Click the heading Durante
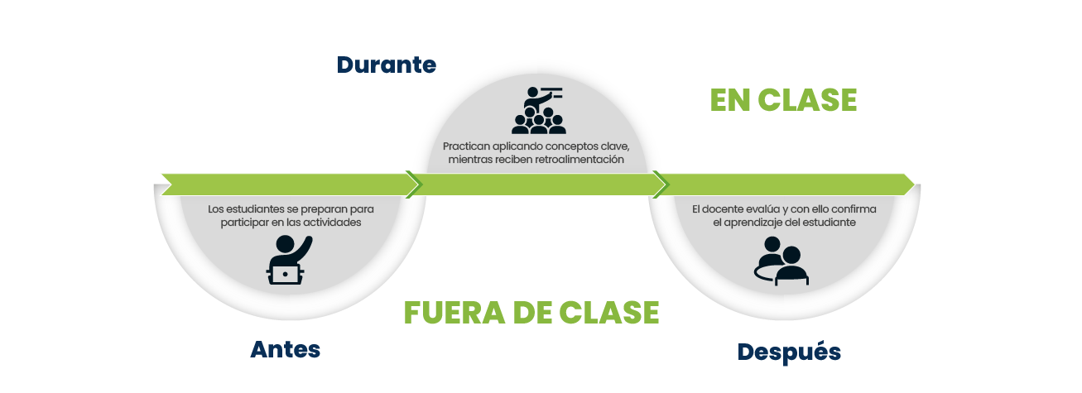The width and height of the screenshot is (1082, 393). (387, 65)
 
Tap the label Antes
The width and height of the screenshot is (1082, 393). (285, 349)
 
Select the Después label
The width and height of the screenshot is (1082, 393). (789, 352)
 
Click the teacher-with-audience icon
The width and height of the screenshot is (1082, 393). (538, 110)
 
